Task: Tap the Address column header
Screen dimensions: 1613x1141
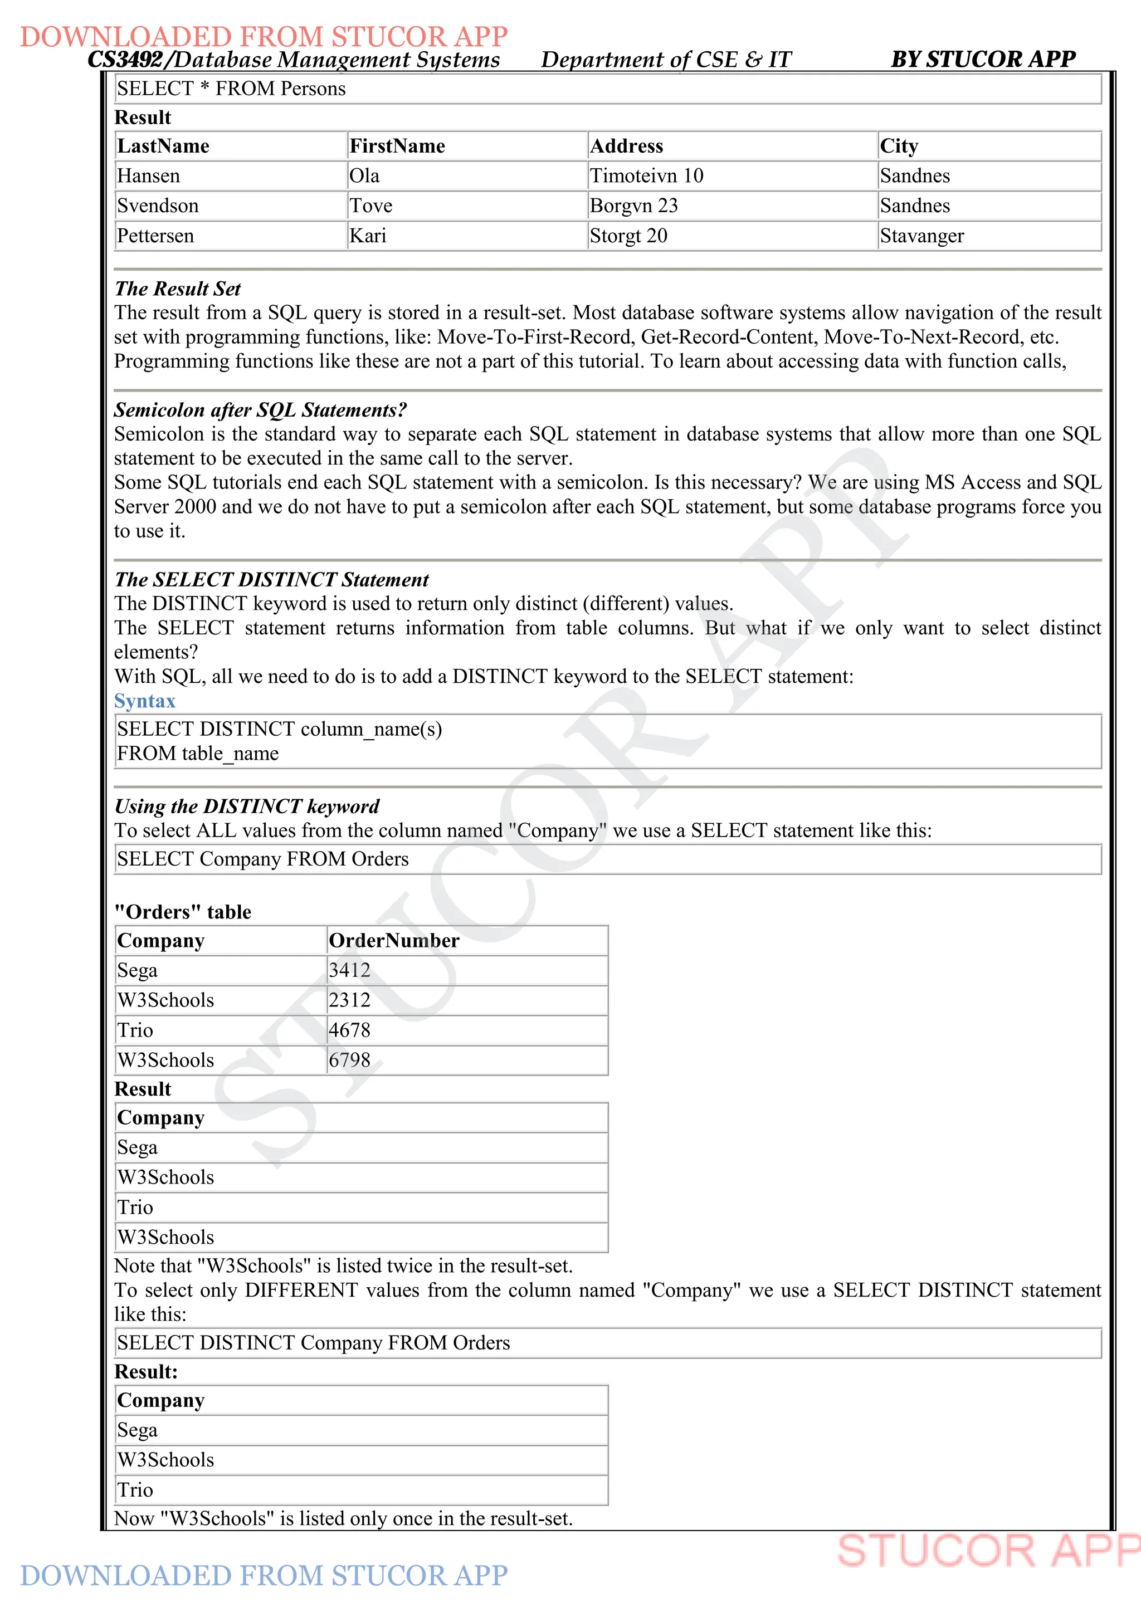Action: (x=626, y=146)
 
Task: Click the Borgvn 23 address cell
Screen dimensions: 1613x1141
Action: (x=633, y=206)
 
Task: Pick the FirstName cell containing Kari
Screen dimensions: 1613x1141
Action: (x=368, y=236)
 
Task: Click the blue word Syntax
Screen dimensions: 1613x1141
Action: (x=145, y=701)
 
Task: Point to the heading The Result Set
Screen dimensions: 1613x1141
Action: (x=178, y=289)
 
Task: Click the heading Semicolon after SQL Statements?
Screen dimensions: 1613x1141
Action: (x=261, y=410)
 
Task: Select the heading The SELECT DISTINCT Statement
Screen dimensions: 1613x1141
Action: (x=271, y=580)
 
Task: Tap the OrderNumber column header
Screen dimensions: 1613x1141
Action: (x=393, y=941)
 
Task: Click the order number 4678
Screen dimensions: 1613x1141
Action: (x=349, y=1030)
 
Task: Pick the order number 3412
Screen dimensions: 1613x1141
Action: (x=349, y=970)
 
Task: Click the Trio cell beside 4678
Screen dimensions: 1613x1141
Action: (x=135, y=1030)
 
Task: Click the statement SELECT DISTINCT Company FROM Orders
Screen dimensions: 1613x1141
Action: (x=313, y=1342)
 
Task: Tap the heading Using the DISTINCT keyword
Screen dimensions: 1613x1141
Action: (x=247, y=806)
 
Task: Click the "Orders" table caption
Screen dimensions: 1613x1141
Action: (x=183, y=912)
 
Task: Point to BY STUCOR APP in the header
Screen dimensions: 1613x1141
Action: (x=983, y=60)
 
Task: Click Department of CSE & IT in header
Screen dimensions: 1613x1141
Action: (x=665, y=60)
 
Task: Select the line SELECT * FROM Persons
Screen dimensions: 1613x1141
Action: (x=231, y=89)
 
